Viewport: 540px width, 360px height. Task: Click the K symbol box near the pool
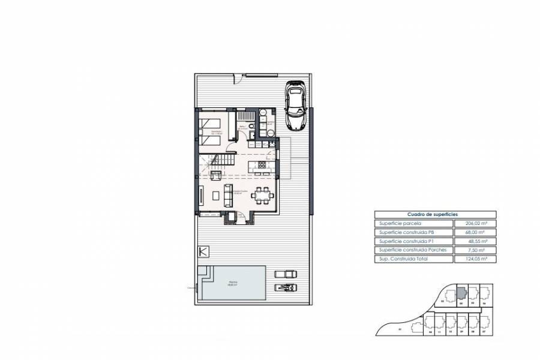(x=203, y=252)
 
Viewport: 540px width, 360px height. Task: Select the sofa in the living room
(x=227, y=194)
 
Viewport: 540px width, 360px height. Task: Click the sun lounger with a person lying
(x=286, y=287)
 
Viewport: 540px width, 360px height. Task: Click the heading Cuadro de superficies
(x=434, y=214)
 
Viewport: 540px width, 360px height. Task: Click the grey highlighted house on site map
(x=460, y=292)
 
